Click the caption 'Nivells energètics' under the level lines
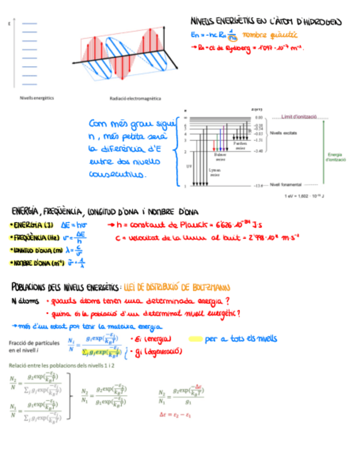coord(37,98)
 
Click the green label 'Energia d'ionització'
coord(335,156)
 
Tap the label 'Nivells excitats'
coord(284,133)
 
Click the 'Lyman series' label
coord(215,172)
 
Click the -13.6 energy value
coord(260,186)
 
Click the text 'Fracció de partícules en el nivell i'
coord(33,345)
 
